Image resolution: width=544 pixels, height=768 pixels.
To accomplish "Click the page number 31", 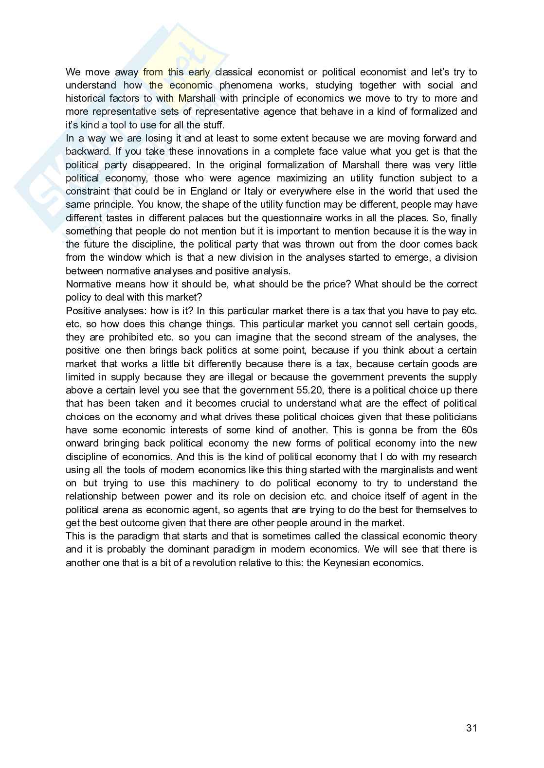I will (x=471, y=728).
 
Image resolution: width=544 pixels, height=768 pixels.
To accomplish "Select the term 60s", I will (x=469, y=430).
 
